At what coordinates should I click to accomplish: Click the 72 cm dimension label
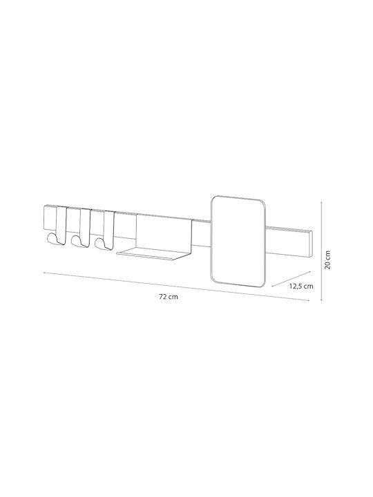(x=169, y=297)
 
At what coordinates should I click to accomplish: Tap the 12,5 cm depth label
(x=301, y=286)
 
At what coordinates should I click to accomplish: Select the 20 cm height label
(x=327, y=260)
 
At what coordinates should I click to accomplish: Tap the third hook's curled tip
(x=99, y=243)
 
